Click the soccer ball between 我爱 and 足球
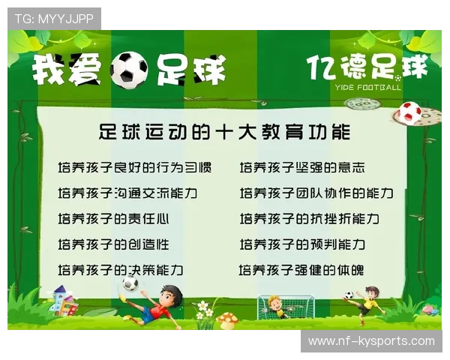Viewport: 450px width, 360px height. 128,70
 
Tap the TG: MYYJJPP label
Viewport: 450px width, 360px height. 54,19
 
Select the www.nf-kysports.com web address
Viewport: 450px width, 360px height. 371,341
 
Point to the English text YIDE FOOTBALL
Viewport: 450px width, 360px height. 368,87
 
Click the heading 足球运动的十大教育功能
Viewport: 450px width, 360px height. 225,133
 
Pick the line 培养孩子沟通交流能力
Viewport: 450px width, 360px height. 127,193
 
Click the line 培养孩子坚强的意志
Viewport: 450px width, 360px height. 302,167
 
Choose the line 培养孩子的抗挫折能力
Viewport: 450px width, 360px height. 309,219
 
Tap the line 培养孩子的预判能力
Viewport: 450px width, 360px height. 302,244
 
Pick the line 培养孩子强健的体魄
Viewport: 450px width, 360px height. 301,270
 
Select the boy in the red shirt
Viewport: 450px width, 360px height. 160,303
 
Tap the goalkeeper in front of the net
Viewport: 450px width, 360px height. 276,306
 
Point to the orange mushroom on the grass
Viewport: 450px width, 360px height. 226,320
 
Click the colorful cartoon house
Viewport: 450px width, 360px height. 64,301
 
